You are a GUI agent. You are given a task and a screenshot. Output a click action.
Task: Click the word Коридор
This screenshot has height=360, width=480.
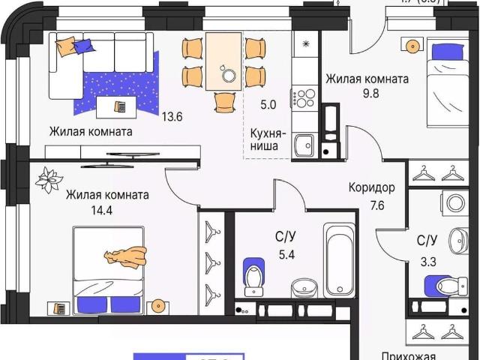[371, 188]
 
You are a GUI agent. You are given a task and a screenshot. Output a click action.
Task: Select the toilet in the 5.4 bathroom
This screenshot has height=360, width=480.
[254, 275]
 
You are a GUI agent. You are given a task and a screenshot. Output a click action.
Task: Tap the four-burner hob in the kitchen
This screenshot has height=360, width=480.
[304, 97]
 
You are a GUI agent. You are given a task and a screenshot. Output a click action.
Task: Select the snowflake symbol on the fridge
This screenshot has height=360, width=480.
[304, 44]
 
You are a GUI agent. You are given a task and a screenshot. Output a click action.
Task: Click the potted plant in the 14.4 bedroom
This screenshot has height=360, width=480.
[50, 180]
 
